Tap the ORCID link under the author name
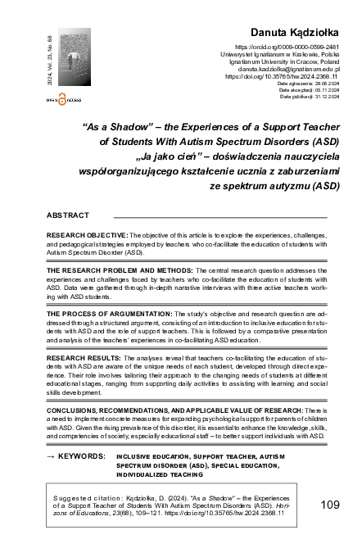tap(281, 48)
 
